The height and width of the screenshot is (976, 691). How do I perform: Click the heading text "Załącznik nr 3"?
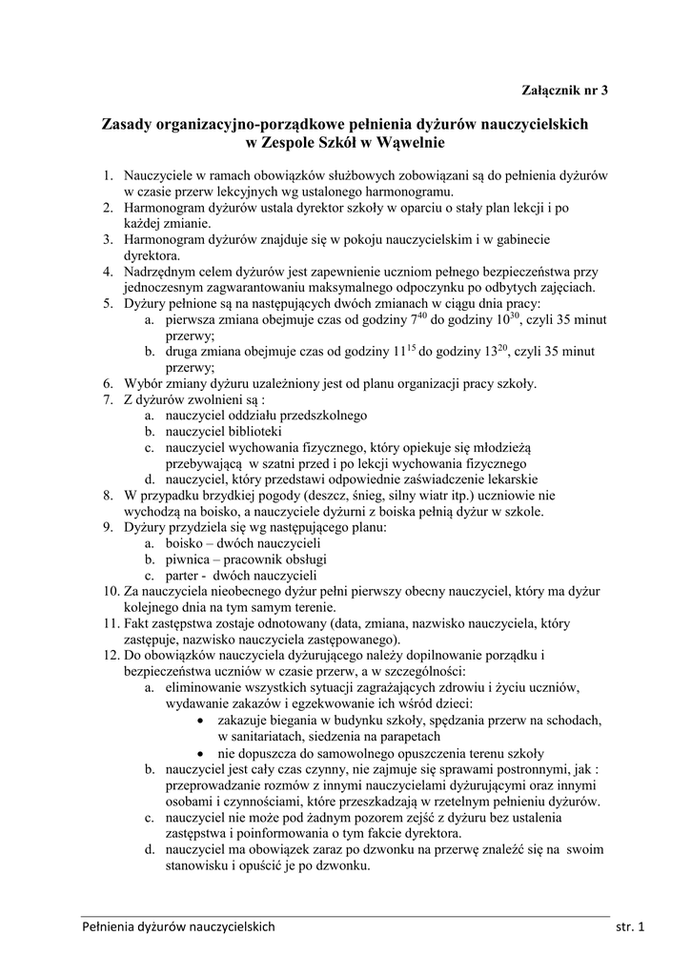click(563, 91)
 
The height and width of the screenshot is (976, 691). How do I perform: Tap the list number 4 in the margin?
click(109, 271)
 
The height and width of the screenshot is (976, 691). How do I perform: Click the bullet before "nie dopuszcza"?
click(199, 752)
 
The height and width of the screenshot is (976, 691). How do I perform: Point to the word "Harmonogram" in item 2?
click(172, 207)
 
